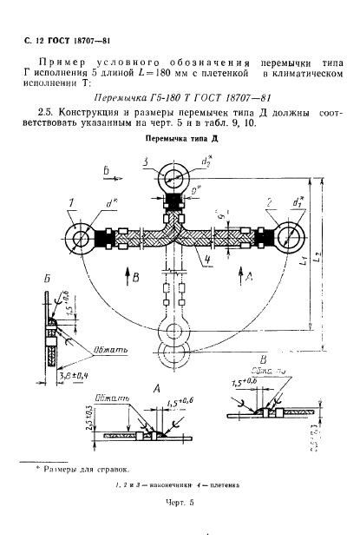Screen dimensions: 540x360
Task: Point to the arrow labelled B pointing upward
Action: point(126,279)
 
